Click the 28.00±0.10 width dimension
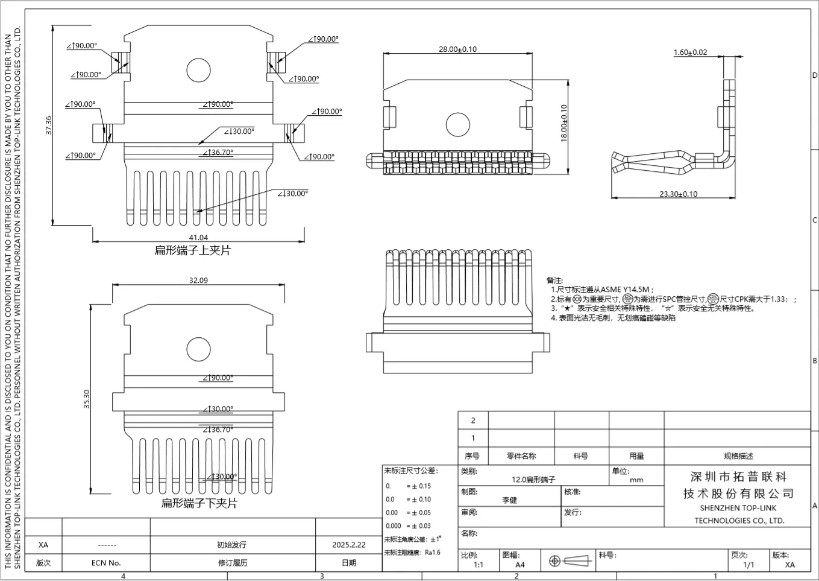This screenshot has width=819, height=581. (x=457, y=49)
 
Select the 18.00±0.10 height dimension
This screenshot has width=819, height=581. (x=564, y=123)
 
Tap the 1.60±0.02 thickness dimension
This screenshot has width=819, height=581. (x=690, y=52)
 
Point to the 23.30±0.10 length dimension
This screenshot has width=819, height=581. (x=678, y=194)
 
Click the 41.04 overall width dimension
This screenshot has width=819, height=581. (x=198, y=237)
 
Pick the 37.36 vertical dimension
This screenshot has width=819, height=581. (x=49, y=125)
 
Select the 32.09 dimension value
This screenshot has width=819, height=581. (x=198, y=280)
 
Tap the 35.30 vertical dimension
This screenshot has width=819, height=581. (x=86, y=399)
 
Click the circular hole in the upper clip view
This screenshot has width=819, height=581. (x=198, y=70)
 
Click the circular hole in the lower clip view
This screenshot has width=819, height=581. (x=198, y=349)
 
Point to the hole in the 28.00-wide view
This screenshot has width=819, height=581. (x=457, y=125)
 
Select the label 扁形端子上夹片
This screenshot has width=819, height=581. (x=192, y=250)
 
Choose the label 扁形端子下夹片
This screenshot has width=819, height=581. (x=199, y=503)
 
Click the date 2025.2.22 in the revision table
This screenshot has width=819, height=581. (x=348, y=544)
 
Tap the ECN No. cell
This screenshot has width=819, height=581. (x=106, y=563)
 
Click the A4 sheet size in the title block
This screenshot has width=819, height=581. (x=519, y=565)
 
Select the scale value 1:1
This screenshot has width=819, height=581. (x=479, y=565)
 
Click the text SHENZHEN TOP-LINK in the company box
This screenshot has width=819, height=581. (x=738, y=508)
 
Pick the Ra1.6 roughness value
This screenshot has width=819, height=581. (x=433, y=552)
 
